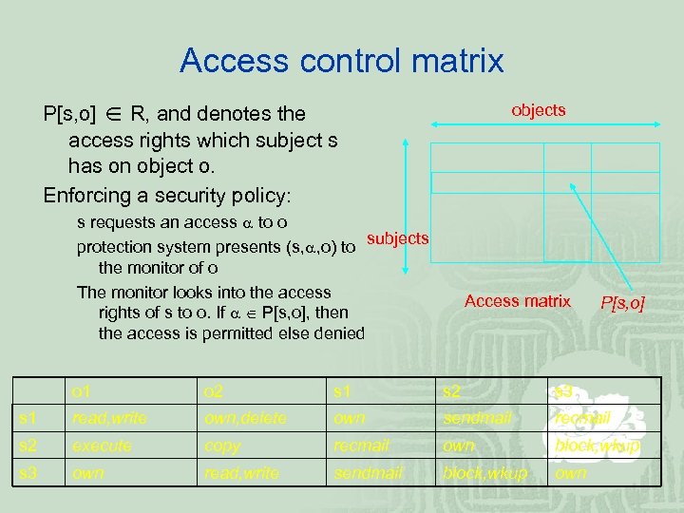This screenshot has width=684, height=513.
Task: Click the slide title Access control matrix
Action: pyautogui.click(x=341, y=61)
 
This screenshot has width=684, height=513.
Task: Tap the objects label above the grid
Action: pyautogui.click(x=538, y=110)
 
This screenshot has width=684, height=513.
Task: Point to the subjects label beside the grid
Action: pyautogui.click(x=397, y=237)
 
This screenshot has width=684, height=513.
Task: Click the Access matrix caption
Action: pyautogui.click(x=517, y=301)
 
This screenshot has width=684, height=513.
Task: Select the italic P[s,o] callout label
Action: pyautogui.click(x=622, y=303)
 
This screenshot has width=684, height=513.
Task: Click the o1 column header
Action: pyautogui.click(x=82, y=391)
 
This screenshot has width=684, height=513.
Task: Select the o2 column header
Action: pyautogui.click(x=214, y=391)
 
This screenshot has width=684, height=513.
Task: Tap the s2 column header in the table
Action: pyautogui.click(x=452, y=391)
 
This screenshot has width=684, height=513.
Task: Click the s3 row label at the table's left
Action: pyautogui.click(x=28, y=472)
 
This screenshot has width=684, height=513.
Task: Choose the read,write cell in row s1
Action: pyautogui.click(x=109, y=418)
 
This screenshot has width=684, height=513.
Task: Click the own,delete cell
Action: pyautogui.click(x=245, y=418)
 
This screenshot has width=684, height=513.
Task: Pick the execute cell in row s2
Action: pyautogui.click(x=102, y=446)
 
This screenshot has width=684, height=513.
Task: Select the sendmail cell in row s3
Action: pyautogui.click(x=368, y=472)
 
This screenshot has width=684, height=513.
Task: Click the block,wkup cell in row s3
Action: pyautogui.click(x=484, y=472)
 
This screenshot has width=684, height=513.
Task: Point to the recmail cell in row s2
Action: pyautogui.click(x=361, y=446)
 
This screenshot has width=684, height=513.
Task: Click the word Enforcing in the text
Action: pyautogui.click(x=86, y=196)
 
